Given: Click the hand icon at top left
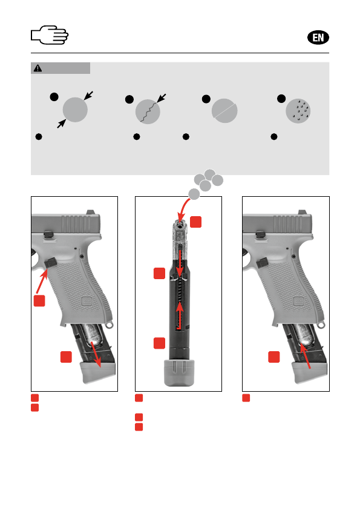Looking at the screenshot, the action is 50,35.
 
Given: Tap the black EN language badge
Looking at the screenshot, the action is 318,38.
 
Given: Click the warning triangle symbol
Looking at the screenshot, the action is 38,68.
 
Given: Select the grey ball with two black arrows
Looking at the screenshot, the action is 75,110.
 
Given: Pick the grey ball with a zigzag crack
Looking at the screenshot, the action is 148,111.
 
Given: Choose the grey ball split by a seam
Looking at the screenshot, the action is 224,111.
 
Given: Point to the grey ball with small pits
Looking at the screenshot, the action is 298,111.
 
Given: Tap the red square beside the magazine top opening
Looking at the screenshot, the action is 195,222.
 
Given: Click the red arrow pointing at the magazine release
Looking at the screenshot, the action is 41,282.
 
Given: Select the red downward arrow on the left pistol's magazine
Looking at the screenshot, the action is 96,354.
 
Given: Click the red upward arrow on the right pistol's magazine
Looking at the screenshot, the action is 305,357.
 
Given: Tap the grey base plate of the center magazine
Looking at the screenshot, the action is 178,372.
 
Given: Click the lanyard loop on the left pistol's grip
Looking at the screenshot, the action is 110,324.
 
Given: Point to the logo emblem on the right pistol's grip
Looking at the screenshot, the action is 298,302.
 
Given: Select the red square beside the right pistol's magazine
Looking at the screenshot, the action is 274,357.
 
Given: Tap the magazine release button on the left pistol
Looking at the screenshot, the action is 50,262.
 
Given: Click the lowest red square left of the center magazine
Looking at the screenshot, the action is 159,343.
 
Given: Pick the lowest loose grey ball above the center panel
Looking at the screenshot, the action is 194,194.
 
